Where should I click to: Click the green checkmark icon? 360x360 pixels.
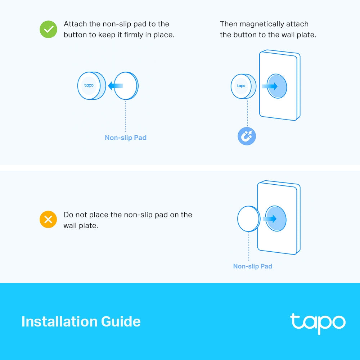tap(48, 29)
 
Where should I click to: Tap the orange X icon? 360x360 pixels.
tap(48, 219)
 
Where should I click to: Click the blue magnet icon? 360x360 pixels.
tap(247, 136)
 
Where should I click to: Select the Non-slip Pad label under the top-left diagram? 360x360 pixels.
tap(125, 138)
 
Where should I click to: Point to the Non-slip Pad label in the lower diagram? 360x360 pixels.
tap(252, 266)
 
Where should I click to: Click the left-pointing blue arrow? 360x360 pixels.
tap(115, 86)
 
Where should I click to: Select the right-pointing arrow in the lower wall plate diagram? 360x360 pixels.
tap(270, 219)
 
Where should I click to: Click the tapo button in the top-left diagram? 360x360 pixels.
tap(89, 86)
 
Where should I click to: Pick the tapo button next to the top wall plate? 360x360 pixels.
tap(241, 86)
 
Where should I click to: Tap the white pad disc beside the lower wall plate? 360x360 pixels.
tap(248, 219)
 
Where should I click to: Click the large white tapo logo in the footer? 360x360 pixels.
tap(318, 322)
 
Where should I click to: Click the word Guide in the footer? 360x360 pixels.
tap(122, 321)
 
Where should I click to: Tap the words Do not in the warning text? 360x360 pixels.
tap(75, 215)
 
